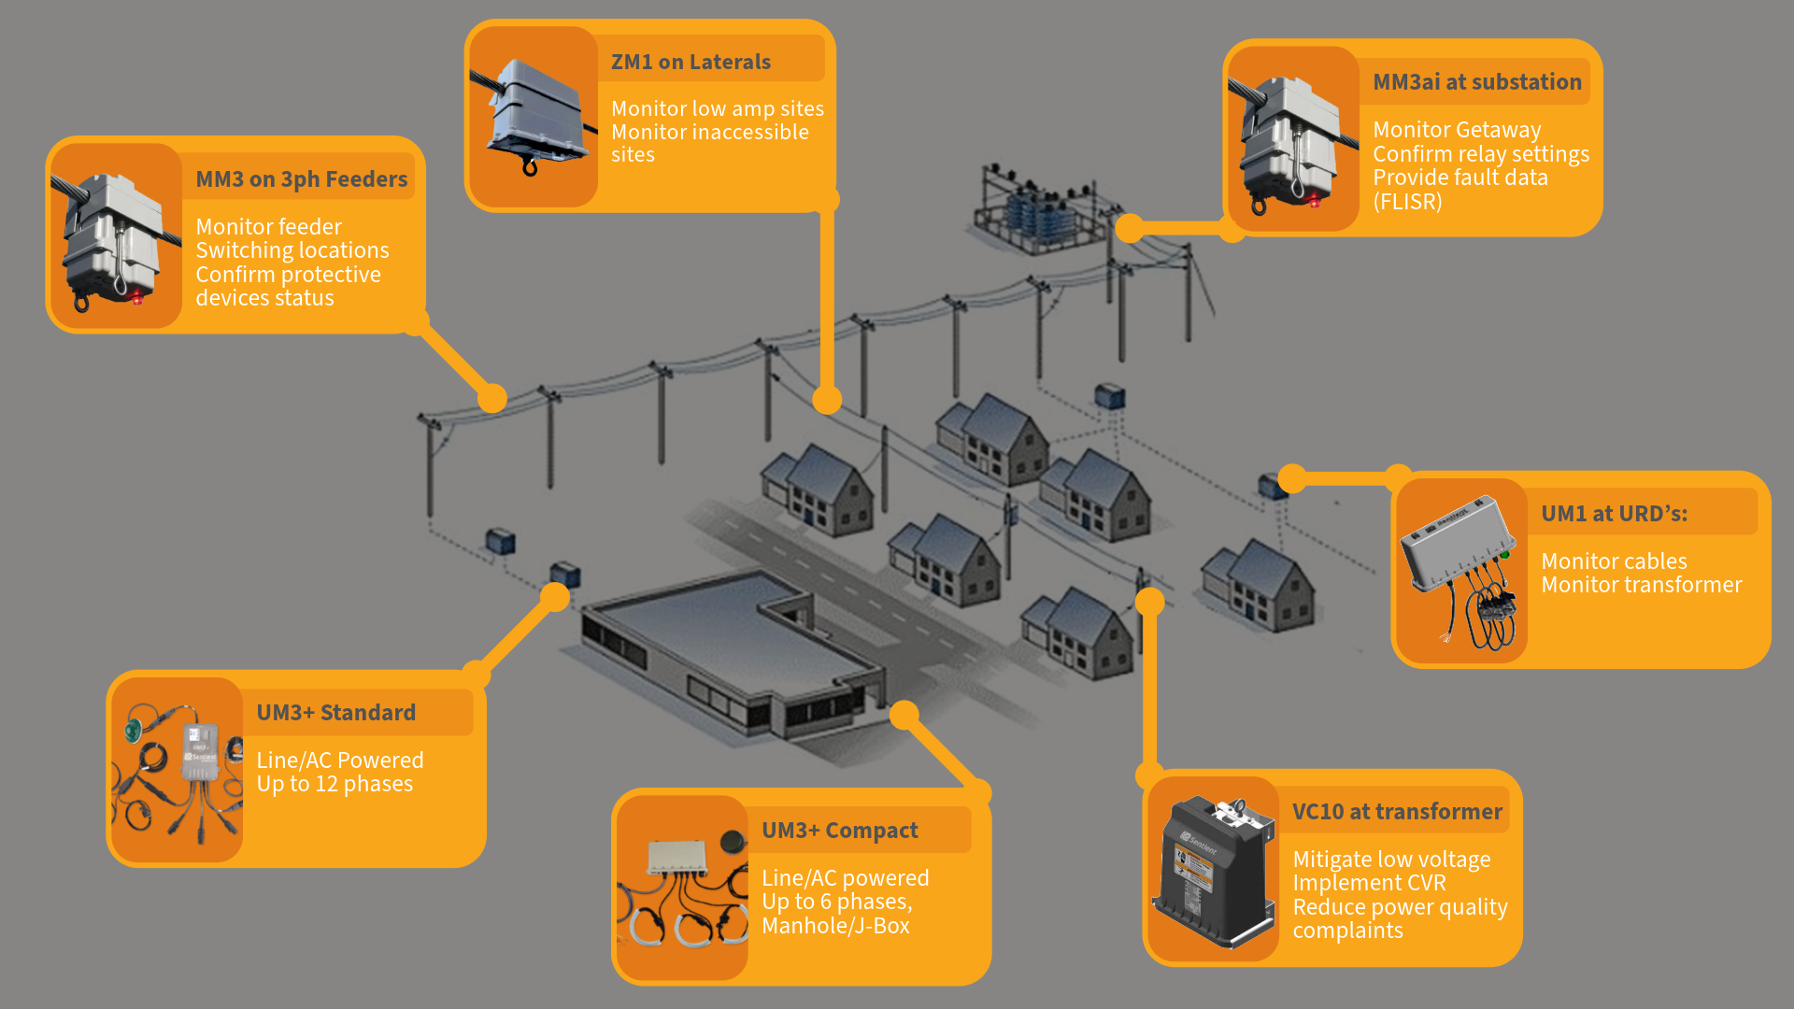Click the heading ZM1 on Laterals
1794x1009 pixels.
(691, 62)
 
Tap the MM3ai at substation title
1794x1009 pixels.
(1476, 82)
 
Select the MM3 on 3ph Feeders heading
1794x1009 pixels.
(301, 179)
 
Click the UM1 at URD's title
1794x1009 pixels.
(1614, 513)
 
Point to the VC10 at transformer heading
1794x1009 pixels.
(1397, 812)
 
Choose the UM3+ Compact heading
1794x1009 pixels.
(839, 831)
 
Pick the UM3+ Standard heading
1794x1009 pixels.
(335, 713)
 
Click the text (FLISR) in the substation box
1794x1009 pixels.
(1407, 202)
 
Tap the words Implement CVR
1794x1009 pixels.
(1369, 883)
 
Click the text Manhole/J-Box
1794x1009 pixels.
(835, 926)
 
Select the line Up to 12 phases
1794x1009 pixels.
(335, 784)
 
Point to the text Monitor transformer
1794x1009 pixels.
(1641, 585)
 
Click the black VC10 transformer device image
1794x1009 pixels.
(1213, 869)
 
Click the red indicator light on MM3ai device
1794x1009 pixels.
(1315, 200)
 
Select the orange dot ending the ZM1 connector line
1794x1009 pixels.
(827, 400)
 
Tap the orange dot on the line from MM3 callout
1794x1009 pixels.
(492, 399)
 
